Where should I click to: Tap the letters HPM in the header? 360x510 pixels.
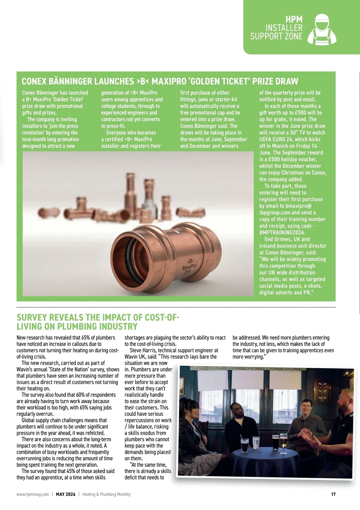tap(294, 20)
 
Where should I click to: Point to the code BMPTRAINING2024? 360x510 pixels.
tap(282, 232)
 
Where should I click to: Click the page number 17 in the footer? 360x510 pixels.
tap(333, 494)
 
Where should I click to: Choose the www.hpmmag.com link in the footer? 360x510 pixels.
tap(33, 494)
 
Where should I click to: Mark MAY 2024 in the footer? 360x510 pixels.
tap(66, 494)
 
